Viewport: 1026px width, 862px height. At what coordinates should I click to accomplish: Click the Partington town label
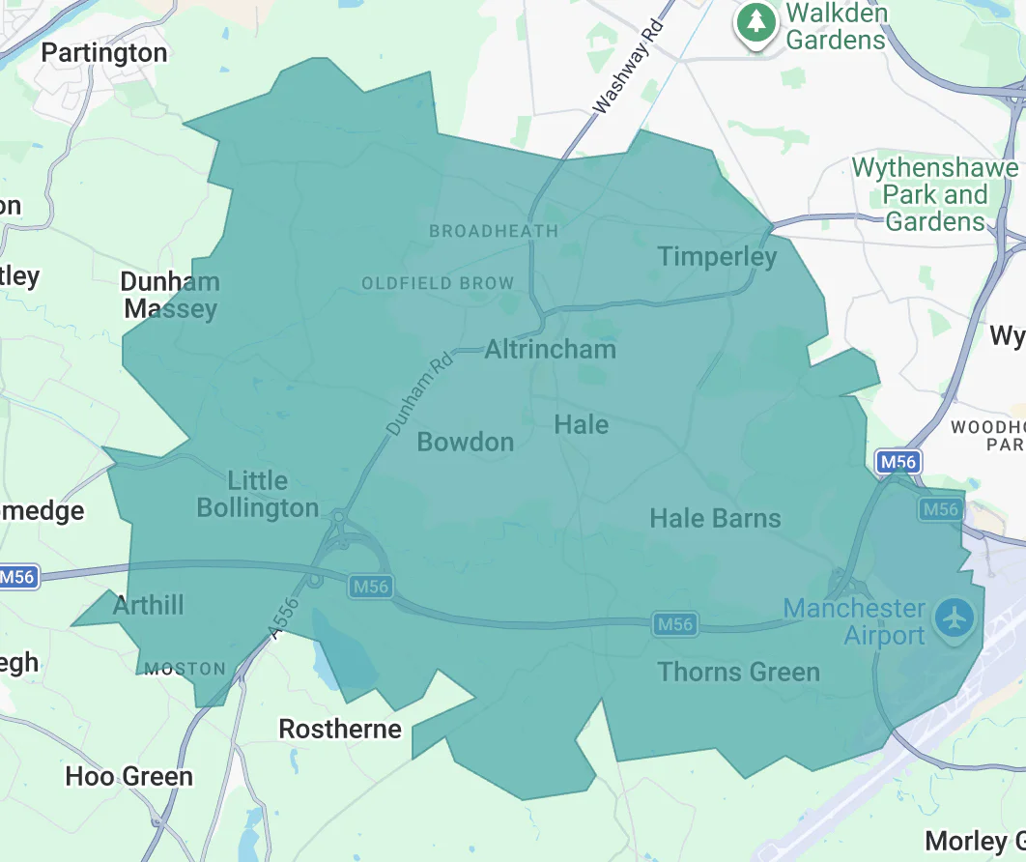point(104,52)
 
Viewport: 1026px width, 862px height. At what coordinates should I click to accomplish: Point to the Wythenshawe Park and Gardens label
point(934,194)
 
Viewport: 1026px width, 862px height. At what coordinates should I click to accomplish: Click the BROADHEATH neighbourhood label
point(494,231)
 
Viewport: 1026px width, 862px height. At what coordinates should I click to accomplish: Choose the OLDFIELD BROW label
point(438,283)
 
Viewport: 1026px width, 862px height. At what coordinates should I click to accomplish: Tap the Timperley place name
point(717,256)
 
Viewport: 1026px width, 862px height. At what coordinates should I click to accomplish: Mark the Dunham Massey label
point(170,296)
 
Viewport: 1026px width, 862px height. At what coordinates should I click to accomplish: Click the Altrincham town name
point(550,349)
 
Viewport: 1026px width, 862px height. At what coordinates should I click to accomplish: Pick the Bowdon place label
point(465,442)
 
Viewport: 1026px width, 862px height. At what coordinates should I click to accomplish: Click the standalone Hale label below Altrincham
point(582,424)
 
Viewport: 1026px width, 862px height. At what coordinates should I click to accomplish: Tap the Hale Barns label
point(715,518)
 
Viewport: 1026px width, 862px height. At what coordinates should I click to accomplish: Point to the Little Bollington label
point(258,494)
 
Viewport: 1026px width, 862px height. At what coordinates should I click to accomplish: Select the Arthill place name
point(148,606)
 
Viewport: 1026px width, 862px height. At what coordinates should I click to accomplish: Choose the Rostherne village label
point(340,729)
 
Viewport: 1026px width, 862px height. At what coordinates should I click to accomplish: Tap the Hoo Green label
point(128,776)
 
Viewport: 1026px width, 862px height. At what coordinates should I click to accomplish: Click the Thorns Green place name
point(738,672)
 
